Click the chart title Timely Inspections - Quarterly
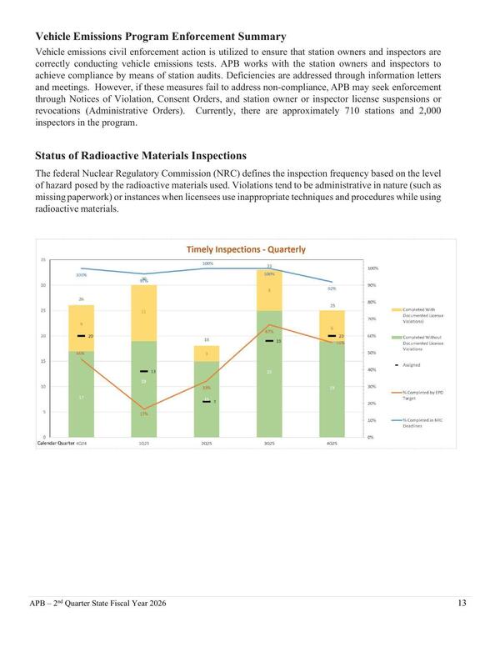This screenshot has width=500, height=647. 245,248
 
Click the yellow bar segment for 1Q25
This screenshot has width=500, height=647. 143,313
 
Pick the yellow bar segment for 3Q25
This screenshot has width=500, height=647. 268,290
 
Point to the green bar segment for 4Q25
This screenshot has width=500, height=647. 332,388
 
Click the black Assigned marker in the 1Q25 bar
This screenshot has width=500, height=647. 143,371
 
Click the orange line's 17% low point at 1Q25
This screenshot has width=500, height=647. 143,409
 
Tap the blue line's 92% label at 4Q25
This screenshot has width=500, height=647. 332,288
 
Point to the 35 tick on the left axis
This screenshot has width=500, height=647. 42,260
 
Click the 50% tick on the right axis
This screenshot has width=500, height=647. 372,353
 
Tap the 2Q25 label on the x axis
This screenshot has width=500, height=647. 206,444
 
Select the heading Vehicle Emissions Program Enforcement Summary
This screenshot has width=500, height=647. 161,36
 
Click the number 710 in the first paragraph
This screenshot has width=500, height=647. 344,111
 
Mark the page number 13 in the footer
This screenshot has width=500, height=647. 462,603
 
